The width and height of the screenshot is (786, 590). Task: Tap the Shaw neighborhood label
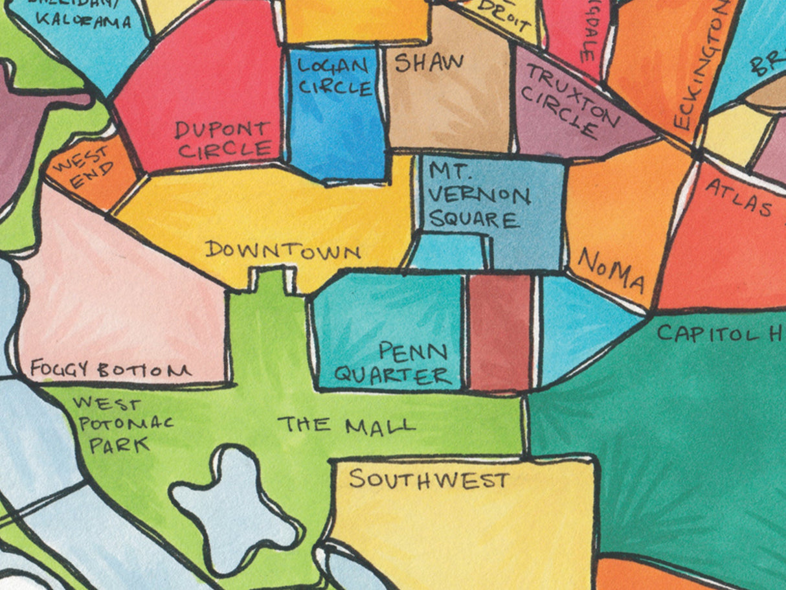tap(429, 63)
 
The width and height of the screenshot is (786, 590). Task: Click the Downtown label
tap(283, 250)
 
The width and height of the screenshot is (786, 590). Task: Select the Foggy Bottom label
tap(110, 370)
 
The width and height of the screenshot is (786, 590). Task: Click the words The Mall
tap(346, 425)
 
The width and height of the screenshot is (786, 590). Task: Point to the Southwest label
tap(429, 480)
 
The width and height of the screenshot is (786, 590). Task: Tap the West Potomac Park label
tap(122, 424)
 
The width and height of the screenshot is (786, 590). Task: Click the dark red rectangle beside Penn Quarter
tap(500, 332)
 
